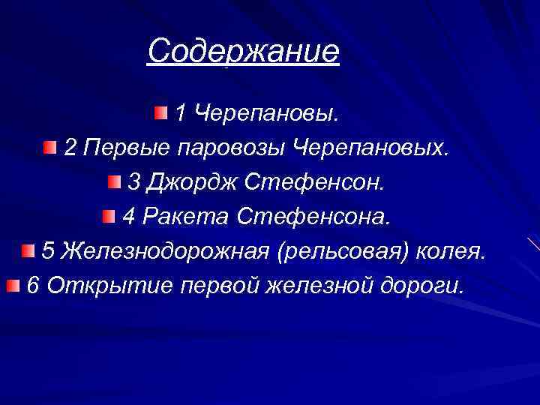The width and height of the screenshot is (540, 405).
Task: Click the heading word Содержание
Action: coord(244,52)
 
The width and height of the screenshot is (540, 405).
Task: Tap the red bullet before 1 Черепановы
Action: coord(162,113)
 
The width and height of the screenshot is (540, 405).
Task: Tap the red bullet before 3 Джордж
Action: coord(113,182)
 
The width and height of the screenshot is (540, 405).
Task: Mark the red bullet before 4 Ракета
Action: coord(109,217)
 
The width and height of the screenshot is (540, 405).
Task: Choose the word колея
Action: coord(453,251)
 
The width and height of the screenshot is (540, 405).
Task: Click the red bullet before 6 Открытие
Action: coord(13,285)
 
